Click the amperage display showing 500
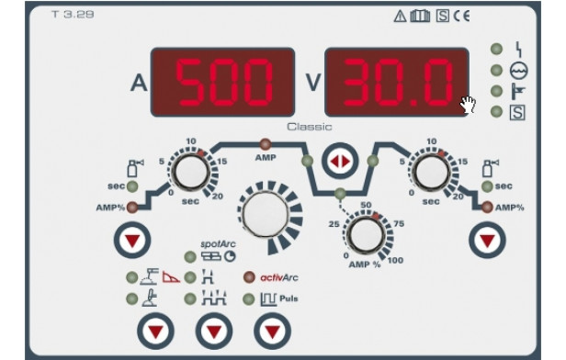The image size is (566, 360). [222, 82]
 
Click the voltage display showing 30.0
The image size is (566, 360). [397, 82]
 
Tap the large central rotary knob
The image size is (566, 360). [266, 214]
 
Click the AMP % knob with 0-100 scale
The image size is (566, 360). [366, 235]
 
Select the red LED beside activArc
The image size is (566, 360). [249, 277]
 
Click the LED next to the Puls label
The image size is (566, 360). [249, 299]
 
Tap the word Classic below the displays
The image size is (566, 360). [310, 127]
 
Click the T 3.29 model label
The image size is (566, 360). [73, 15]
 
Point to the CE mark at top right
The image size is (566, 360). [461, 16]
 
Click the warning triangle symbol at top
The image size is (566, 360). [400, 17]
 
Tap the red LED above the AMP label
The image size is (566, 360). [266, 145]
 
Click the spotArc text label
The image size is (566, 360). [218, 244]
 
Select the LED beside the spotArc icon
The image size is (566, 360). [190, 257]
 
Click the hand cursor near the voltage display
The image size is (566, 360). [468, 105]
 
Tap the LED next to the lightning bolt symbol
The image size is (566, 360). [497, 49]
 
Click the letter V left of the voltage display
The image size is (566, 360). [313, 83]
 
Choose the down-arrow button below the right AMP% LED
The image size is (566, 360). [487, 241]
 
